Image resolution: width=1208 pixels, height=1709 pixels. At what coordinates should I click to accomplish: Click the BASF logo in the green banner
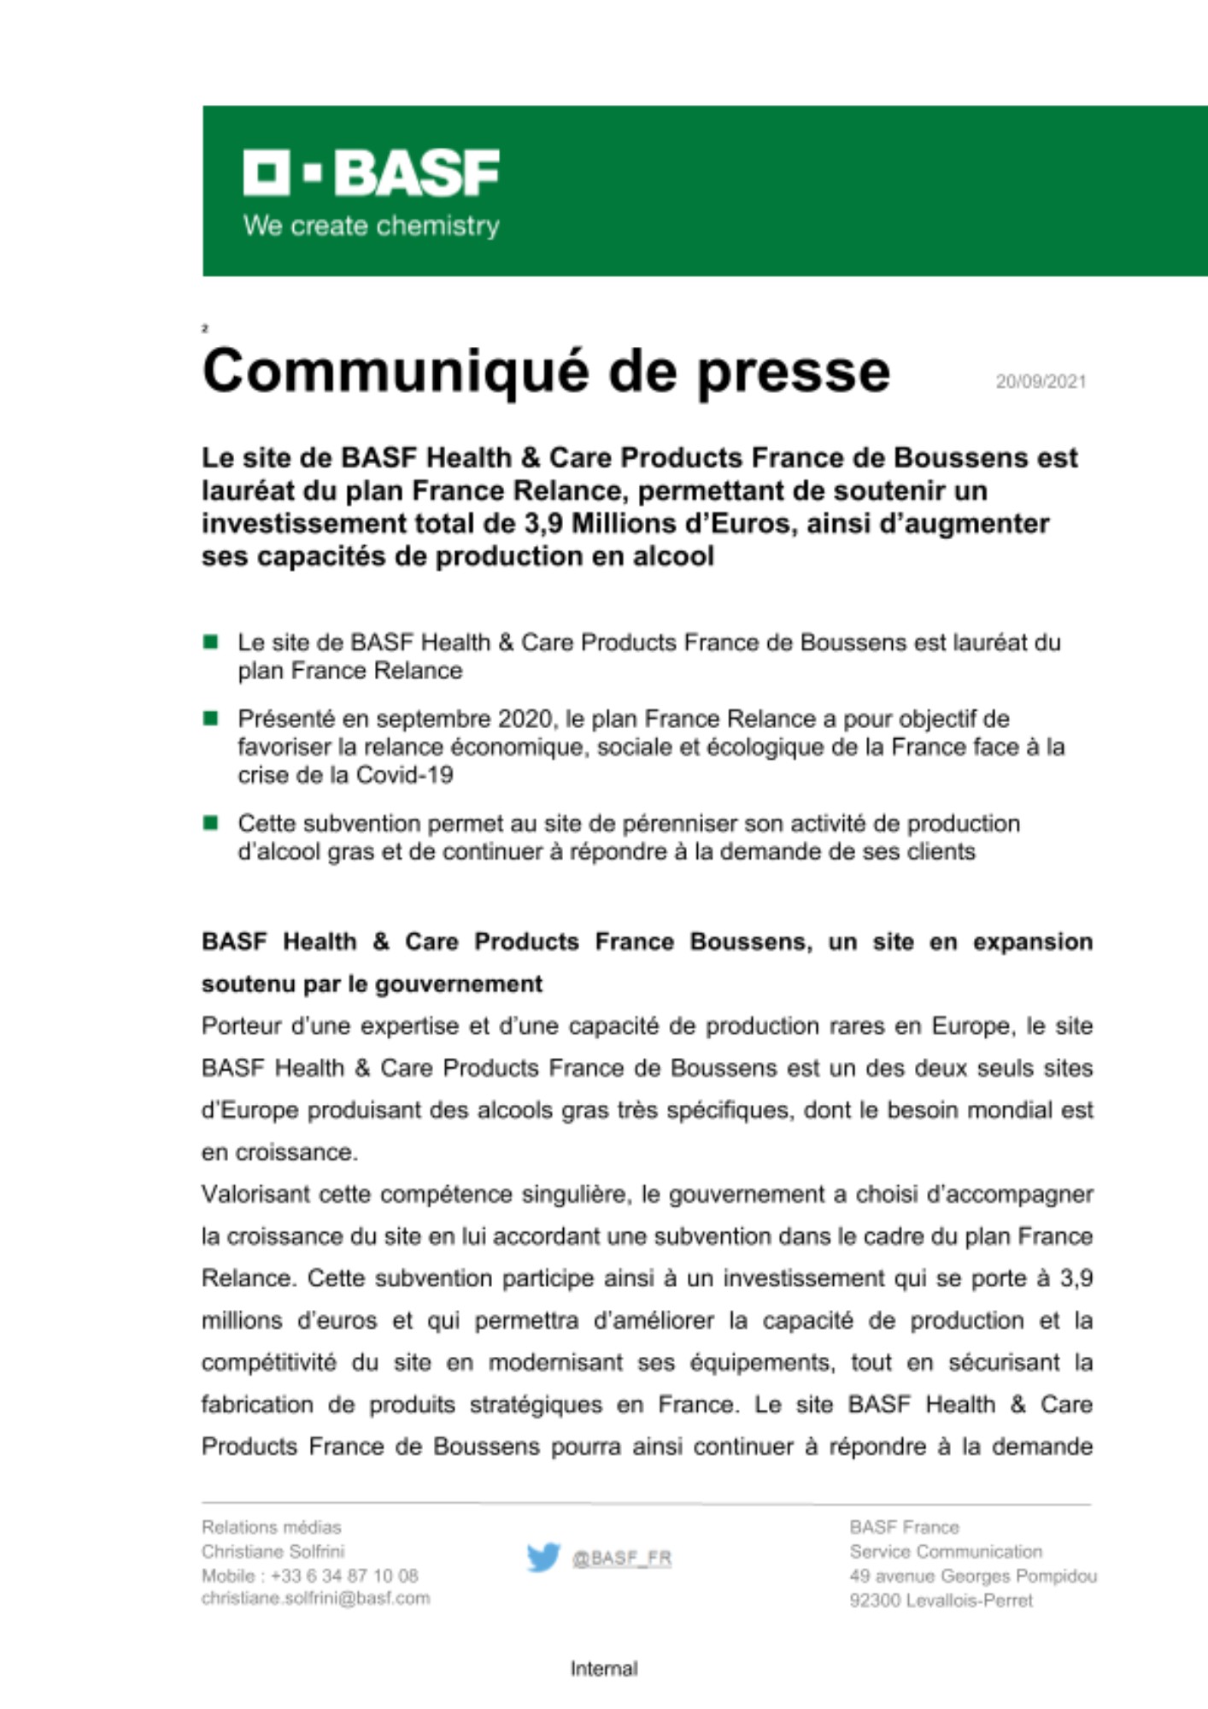coord(371,173)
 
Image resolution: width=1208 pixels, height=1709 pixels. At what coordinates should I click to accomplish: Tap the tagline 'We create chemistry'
coord(371,226)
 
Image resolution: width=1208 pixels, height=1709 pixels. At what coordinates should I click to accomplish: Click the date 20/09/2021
coord(1040,381)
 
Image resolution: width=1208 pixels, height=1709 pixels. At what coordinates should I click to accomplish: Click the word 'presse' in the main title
coord(794,373)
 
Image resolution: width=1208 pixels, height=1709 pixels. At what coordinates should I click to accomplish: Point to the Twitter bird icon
coord(542,1557)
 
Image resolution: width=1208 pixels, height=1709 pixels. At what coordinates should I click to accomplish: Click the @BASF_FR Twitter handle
coord(621,1558)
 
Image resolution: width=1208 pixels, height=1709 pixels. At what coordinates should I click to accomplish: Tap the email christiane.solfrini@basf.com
coord(315,1598)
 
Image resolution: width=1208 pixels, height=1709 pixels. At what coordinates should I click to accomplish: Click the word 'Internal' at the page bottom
coord(604,1668)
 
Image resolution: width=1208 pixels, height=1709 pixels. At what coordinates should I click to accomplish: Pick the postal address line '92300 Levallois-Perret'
coord(941,1600)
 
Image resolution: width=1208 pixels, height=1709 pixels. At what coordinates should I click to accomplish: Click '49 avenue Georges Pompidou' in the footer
coord(972,1576)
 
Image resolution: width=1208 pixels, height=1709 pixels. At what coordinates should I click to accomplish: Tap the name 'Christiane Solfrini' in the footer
coord(273,1551)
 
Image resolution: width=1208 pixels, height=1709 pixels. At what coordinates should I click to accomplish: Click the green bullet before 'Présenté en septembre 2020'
coord(210,718)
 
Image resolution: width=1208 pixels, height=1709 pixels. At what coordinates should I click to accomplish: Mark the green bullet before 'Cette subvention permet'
coord(210,823)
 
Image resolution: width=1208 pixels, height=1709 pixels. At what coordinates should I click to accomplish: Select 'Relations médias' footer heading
coord(271,1527)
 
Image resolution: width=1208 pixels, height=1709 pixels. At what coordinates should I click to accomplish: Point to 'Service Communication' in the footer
coord(946,1551)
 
